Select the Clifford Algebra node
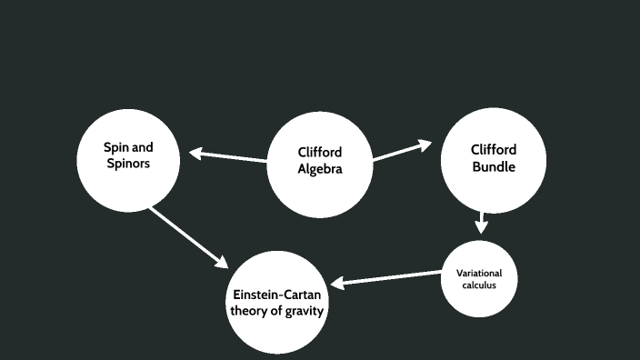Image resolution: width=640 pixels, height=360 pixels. (320, 163)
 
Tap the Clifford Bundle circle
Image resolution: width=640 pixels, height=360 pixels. (494, 159)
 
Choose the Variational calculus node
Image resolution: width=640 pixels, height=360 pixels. (478, 279)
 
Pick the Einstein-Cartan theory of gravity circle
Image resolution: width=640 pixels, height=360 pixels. (277, 303)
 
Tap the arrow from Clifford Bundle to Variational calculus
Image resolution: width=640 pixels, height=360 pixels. (481, 223)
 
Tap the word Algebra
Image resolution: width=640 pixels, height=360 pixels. (320, 169)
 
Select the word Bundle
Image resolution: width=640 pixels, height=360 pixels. (494, 167)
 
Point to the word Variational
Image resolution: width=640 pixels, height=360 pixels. (478, 274)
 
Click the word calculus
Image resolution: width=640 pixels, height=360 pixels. (478, 285)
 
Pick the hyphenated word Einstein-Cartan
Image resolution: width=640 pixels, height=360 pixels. (277, 295)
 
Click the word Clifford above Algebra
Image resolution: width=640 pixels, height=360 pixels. (320, 153)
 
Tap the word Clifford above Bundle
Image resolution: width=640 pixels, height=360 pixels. (494, 150)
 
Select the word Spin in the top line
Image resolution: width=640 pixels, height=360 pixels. (115, 148)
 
